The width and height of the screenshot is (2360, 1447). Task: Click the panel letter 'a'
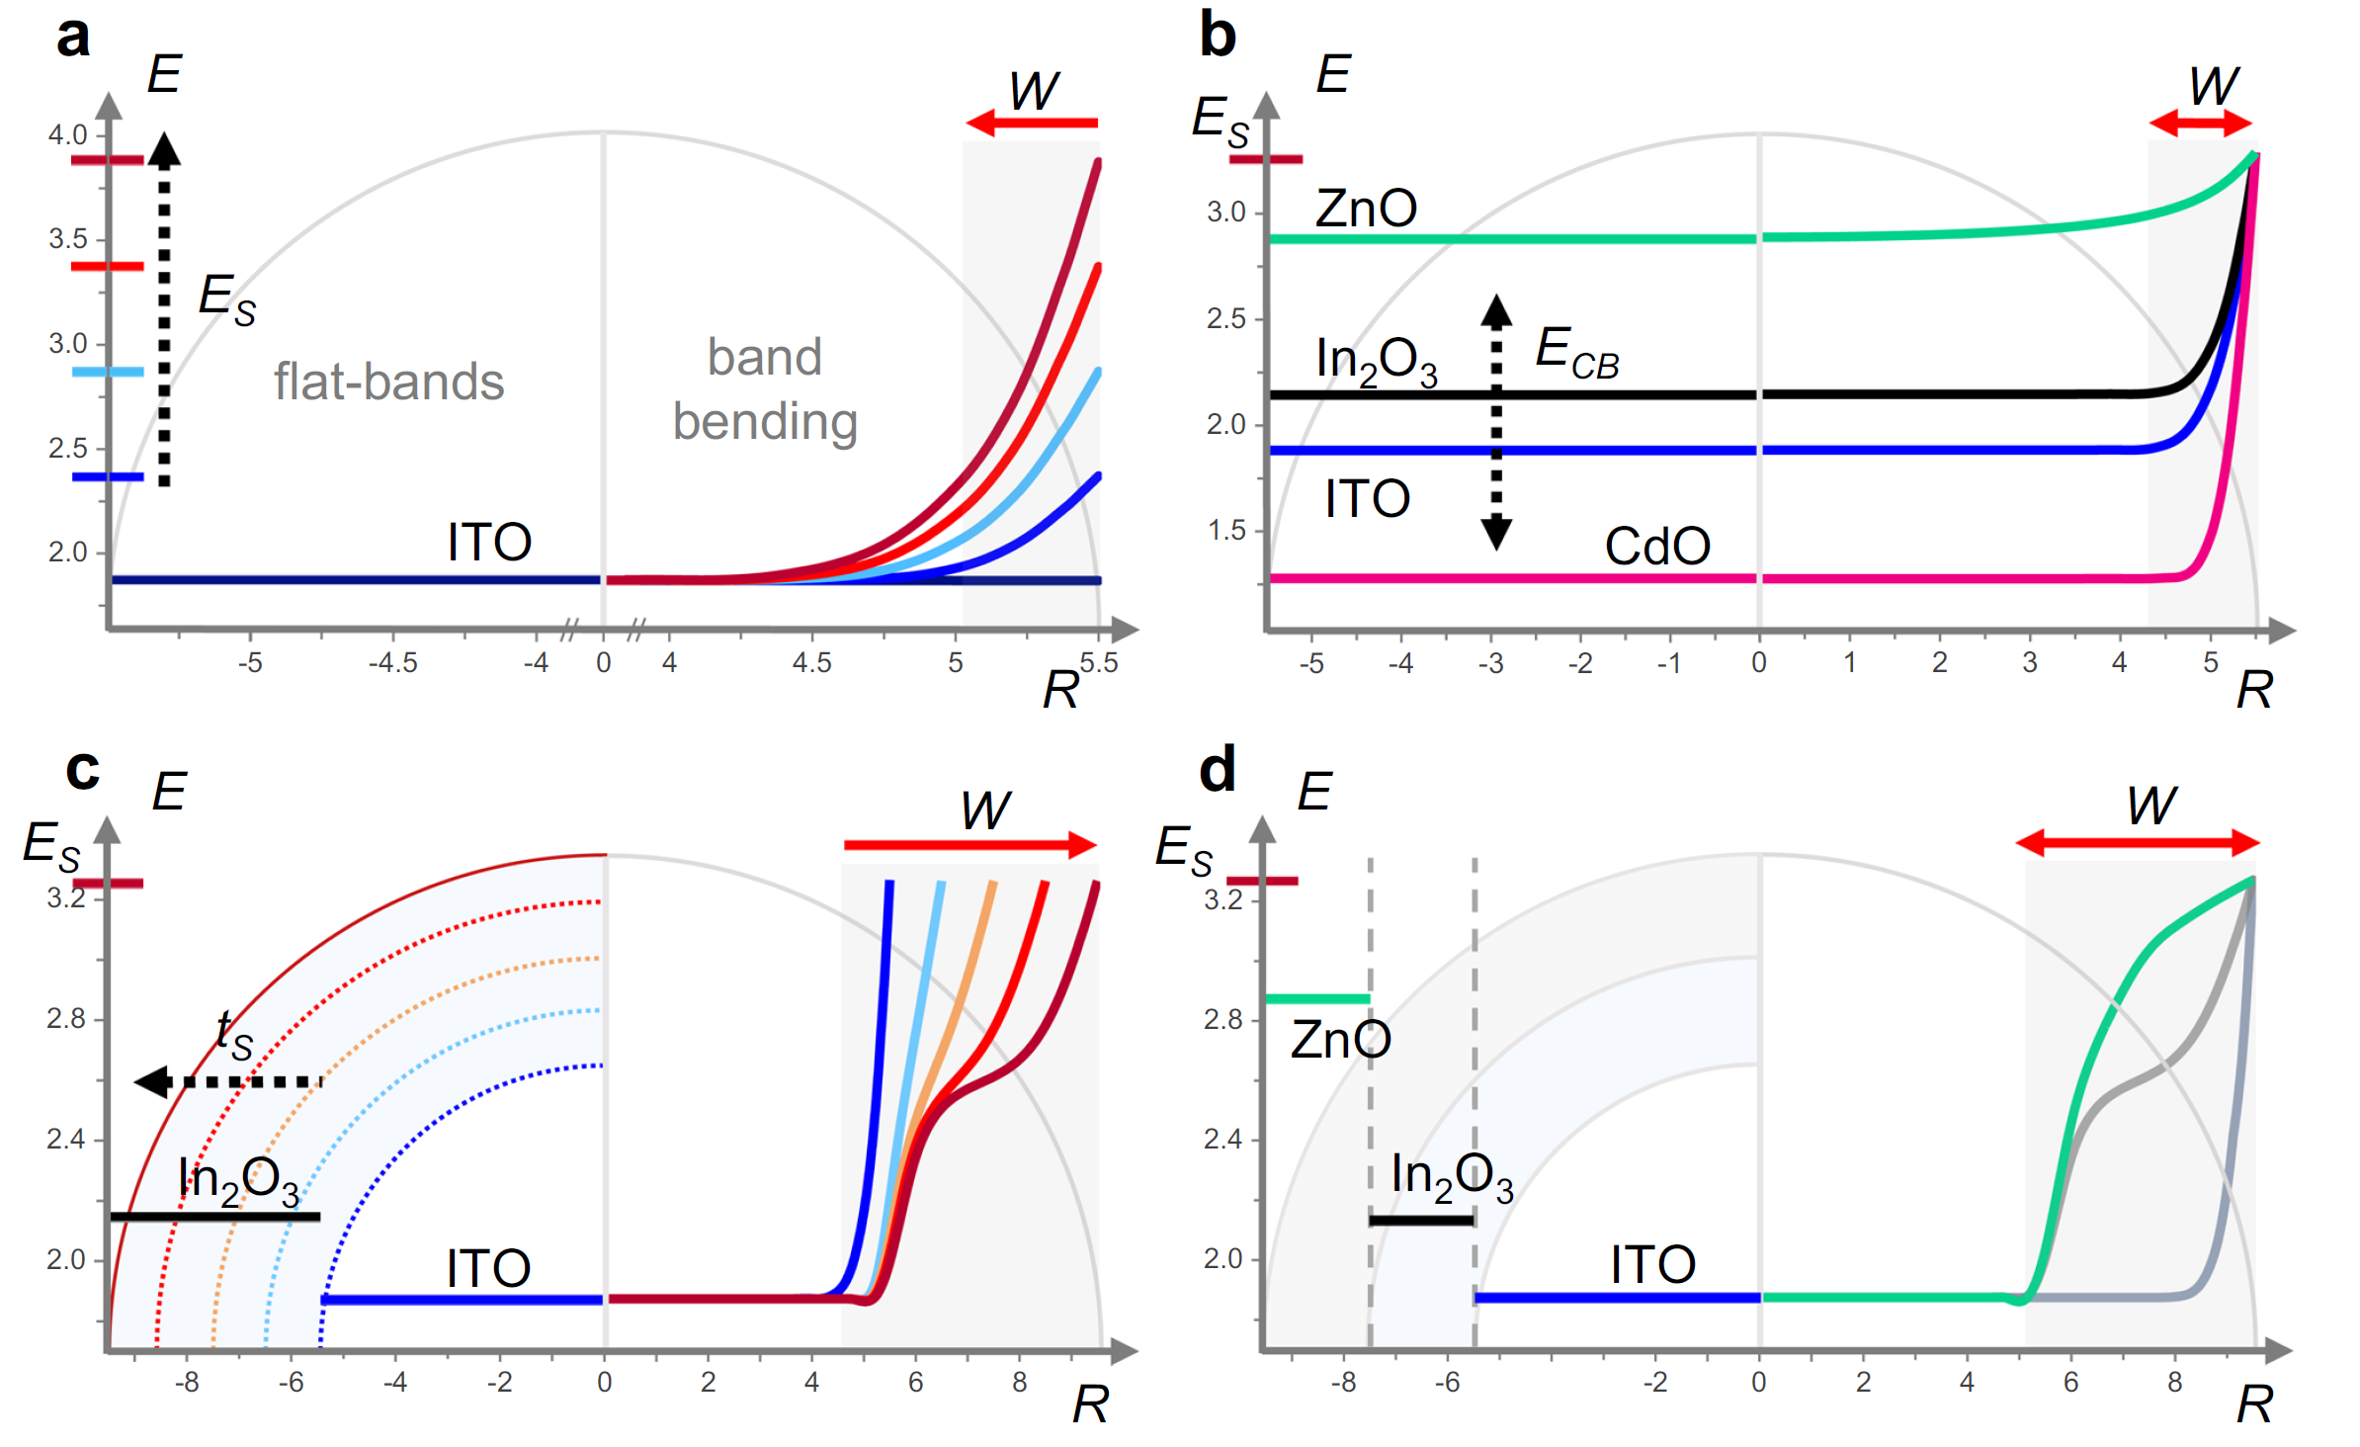pos(74,38)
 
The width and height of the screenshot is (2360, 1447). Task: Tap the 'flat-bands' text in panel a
pos(388,382)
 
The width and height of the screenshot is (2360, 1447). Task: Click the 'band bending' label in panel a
pos(765,388)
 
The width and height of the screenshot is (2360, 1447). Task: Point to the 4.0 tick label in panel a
pos(68,134)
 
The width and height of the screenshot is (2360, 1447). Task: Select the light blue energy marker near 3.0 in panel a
pos(108,372)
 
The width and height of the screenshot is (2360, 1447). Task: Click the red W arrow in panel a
pos(1032,124)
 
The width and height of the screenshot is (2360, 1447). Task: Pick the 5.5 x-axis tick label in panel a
pos(1099,662)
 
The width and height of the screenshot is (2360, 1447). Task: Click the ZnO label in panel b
pos(1366,209)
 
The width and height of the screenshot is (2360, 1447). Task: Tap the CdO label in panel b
pos(1657,546)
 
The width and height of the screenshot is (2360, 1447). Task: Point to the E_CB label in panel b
pos(1576,351)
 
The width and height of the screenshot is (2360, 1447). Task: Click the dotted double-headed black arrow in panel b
pos(1496,422)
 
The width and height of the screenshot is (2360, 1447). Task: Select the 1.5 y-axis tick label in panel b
pos(1226,531)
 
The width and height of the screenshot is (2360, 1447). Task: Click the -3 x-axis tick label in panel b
pos(1490,663)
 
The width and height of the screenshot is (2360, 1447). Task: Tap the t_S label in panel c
pos(235,1034)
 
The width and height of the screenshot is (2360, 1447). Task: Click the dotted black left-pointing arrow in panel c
pos(228,1082)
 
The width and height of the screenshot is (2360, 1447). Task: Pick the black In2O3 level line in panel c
pos(215,1217)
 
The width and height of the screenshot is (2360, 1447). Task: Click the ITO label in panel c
pos(488,1268)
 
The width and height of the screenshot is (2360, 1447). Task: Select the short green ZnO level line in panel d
pos(1317,999)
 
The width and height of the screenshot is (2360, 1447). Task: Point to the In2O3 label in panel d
pos(1451,1177)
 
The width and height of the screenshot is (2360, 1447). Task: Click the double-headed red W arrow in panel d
pos(2138,843)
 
